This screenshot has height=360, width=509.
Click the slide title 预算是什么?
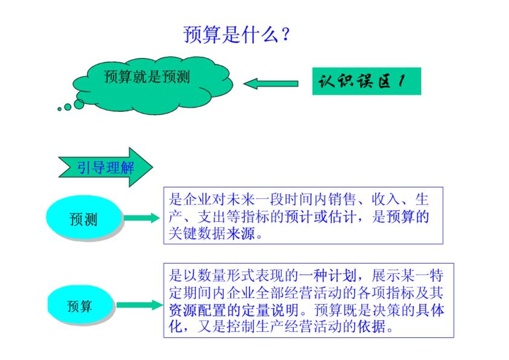(x=236, y=34)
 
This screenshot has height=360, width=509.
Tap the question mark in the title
(x=286, y=34)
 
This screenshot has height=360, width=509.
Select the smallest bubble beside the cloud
(x=59, y=109)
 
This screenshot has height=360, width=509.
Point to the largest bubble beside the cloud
(x=79, y=104)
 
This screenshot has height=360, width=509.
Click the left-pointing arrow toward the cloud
(x=271, y=84)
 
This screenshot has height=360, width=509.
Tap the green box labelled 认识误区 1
(x=367, y=81)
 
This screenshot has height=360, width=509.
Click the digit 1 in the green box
(x=402, y=81)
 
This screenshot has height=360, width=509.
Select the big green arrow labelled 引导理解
(x=106, y=167)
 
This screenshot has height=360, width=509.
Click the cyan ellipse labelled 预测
(x=84, y=218)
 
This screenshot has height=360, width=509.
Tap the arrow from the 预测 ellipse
(x=141, y=218)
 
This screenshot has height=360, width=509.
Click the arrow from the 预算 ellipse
(x=140, y=305)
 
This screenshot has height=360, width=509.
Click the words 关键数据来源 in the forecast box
(x=212, y=234)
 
